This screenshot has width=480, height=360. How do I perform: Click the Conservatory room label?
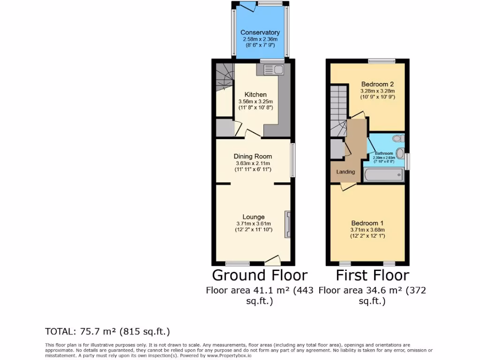point(260,32)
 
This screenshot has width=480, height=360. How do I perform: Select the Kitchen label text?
point(255,95)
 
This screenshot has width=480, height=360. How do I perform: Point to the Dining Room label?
point(253,156)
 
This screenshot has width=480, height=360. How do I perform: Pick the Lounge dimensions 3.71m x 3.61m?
point(254,224)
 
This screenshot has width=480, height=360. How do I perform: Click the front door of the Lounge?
point(272,260)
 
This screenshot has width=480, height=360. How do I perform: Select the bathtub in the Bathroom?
point(384,176)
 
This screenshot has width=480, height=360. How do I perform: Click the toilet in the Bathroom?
point(398,138)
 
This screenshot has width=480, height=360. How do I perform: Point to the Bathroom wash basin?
point(400,153)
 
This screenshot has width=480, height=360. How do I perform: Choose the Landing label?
point(345,172)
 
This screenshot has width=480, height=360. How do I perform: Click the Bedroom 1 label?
point(367,223)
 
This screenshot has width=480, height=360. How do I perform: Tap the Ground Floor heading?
point(260,275)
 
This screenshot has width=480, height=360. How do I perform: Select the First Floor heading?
point(372,275)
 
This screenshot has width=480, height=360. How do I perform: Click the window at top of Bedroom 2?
point(381,61)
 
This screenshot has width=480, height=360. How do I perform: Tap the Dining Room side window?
point(293,160)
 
